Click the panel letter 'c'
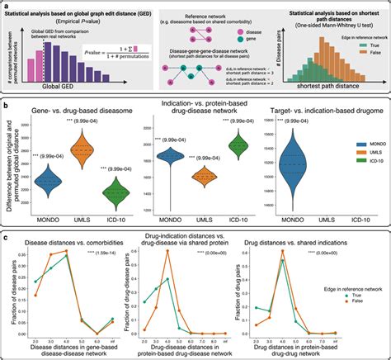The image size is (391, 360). pos(5,239)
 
